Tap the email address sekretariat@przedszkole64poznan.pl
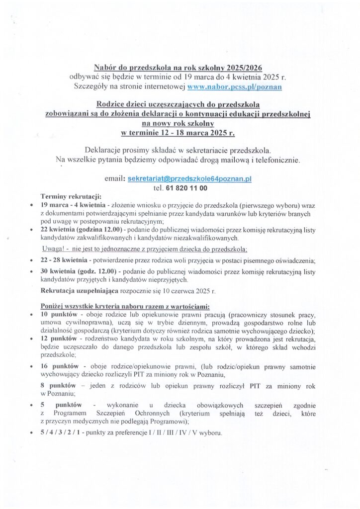(190, 178)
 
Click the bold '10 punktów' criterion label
(58, 315)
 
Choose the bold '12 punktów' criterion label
(58, 339)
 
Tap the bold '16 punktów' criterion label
(58, 367)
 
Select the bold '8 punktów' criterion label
(57, 386)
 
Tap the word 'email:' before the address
(114, 178)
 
